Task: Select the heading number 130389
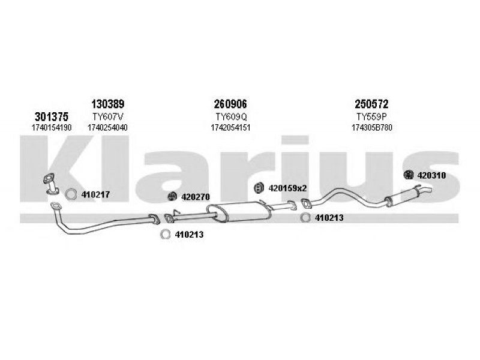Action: click(107, 103)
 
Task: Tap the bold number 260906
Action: click(230, 103)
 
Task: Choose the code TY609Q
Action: click(230, 116)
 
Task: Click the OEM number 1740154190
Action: click(52, 127)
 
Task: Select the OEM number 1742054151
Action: click(230, 127)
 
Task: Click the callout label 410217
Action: click(96, 194)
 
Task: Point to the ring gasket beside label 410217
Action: click(70, 194)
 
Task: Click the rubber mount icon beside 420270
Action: click(170, 196)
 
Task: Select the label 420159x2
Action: click(287, 188)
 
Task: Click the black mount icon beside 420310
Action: click(408, 175)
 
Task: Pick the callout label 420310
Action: click(432, 175)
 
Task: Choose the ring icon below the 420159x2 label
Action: click(305, 218)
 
